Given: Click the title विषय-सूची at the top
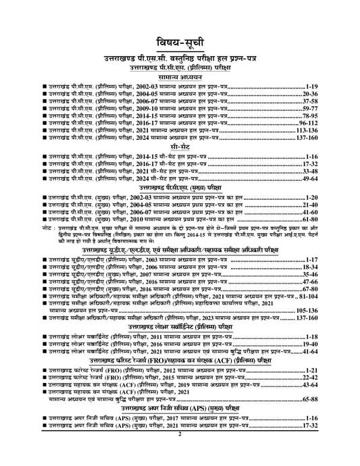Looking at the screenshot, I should tap(180, 38).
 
